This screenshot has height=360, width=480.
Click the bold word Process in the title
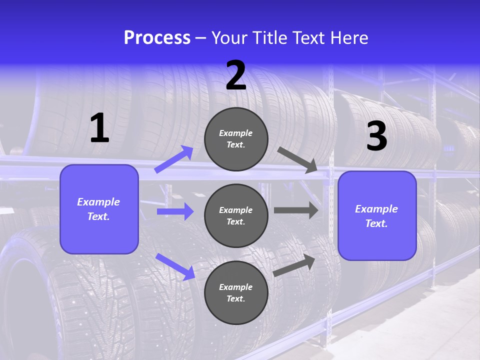157,38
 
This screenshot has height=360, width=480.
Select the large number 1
99,128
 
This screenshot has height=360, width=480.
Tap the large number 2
236,76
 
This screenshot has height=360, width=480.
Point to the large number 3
376,136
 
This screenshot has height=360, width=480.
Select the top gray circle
236,139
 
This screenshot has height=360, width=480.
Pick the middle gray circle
236,215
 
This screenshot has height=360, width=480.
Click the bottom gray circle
236,292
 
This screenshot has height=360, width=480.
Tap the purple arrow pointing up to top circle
174,159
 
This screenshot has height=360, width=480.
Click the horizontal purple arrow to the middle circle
175,211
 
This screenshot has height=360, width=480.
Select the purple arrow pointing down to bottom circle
175,266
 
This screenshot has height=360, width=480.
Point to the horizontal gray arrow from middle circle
296,210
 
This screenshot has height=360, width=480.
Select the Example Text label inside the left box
98,209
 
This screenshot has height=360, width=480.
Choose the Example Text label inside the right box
376,216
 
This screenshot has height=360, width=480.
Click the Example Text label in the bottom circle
236,293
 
